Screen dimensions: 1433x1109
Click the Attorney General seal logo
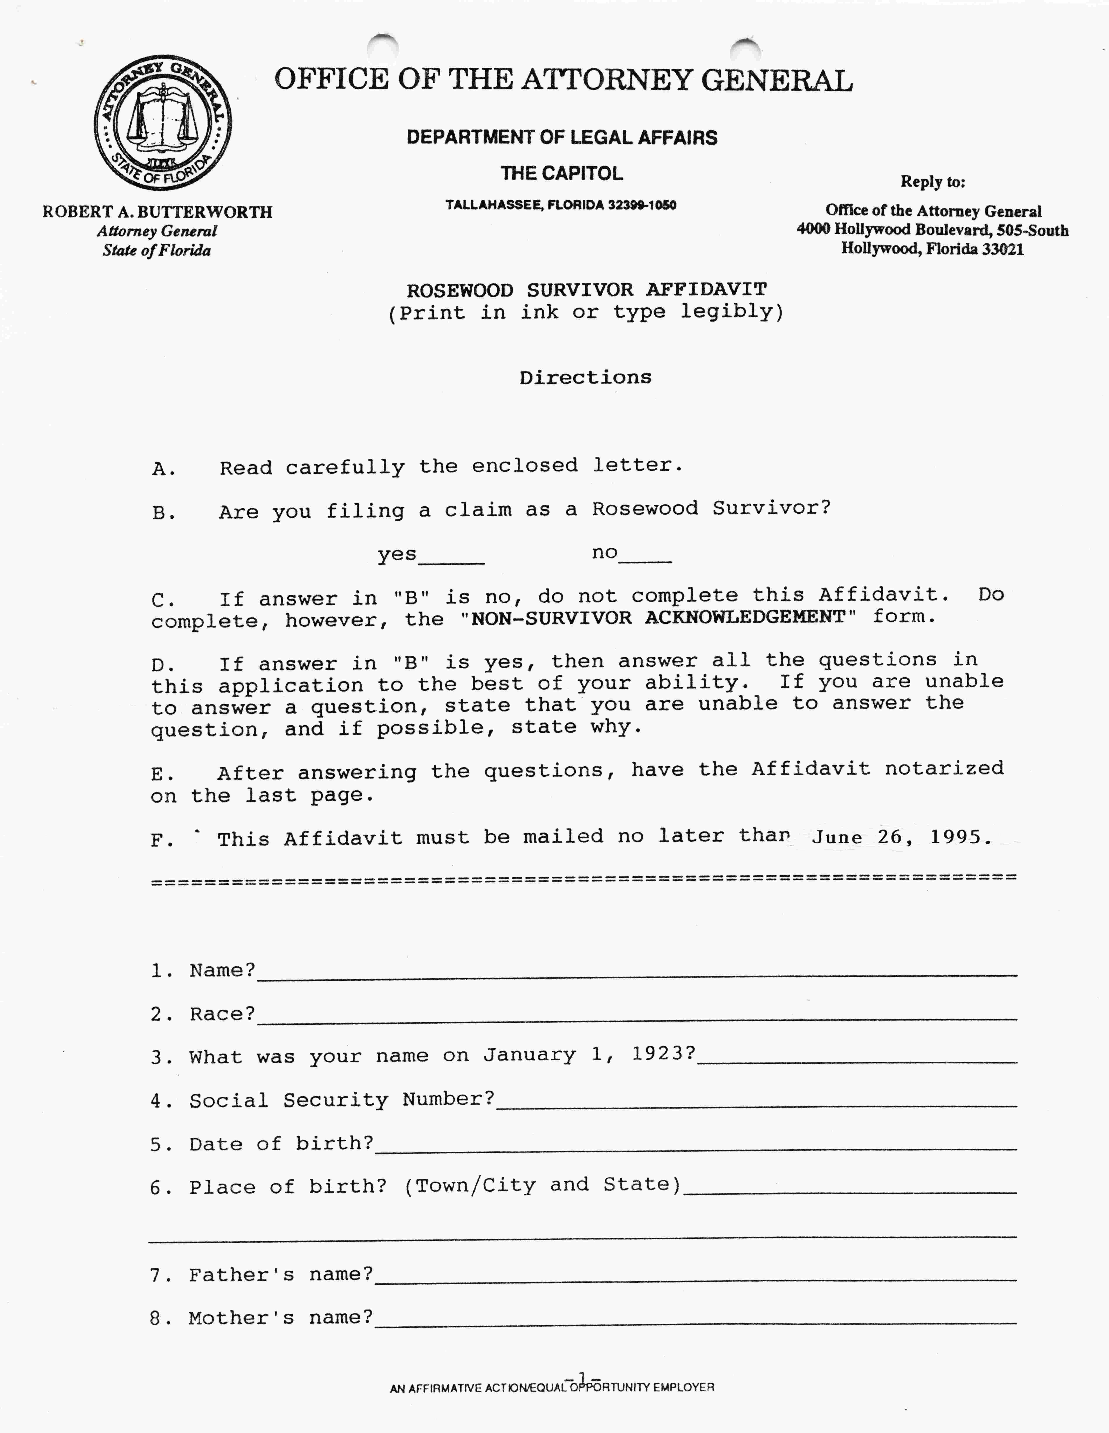tap(163, 123)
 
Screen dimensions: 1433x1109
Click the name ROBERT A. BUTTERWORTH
tap(157, 212)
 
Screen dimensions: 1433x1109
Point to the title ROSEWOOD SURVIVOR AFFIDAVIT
tap(586, 289)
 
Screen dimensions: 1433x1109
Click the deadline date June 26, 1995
tap(901, 837)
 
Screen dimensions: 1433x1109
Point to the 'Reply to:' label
tap(932, 182)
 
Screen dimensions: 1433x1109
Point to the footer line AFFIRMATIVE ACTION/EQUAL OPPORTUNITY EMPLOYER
tap(552, 1388)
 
